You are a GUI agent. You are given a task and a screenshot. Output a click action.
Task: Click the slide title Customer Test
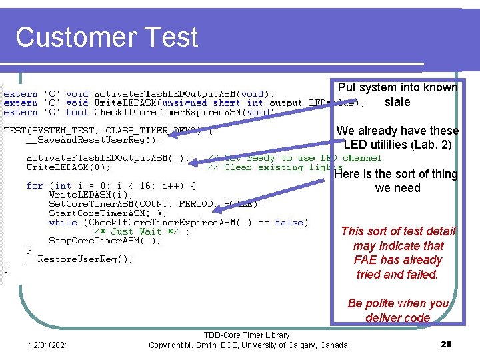pos(107,37)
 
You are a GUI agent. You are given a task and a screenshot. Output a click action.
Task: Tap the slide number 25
pos(446,344)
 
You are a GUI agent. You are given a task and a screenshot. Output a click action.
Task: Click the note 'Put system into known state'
pos(397,95)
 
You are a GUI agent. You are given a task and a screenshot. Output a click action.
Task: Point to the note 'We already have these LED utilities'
pos(397,137)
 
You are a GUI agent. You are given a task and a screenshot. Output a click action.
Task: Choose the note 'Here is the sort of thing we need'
pos(397,181)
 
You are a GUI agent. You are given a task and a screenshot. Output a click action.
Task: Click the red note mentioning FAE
pos(398,253)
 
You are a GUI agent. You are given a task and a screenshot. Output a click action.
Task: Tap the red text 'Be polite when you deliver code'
pos(398,310)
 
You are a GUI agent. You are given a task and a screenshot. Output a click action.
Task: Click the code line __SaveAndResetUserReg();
pos(93,140)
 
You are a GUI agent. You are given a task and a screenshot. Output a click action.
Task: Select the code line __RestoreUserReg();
pos(79,259)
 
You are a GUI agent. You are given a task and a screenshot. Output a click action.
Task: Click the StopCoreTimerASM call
pos(105,241)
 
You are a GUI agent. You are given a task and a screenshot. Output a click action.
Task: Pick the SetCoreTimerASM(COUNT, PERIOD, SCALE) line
pos(156,203)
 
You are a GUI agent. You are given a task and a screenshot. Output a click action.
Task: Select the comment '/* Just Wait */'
pos(141,231)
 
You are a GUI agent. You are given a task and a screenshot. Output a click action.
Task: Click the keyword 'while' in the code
pos(63,222)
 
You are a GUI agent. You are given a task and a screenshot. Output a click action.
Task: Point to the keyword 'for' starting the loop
pos(35,185)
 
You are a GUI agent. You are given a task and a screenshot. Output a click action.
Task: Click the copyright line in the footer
pos(248,345)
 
